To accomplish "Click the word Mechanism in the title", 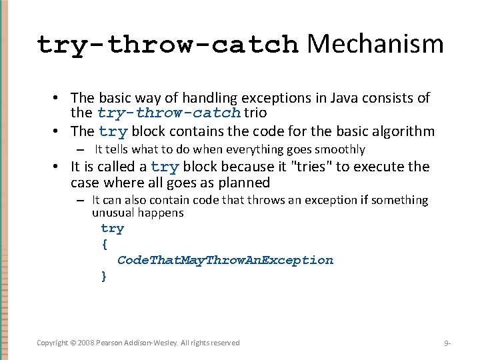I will click(x=375, y=44).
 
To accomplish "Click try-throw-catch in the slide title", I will click(x=167, y=45).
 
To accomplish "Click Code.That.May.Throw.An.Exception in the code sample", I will click(x=225, y=260).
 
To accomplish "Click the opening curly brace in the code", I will click(x=105, y=244).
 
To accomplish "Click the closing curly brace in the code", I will click(x=104, y=275).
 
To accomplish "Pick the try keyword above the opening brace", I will click(x=113, y=229).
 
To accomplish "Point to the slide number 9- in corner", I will click(x=448, y=343).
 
